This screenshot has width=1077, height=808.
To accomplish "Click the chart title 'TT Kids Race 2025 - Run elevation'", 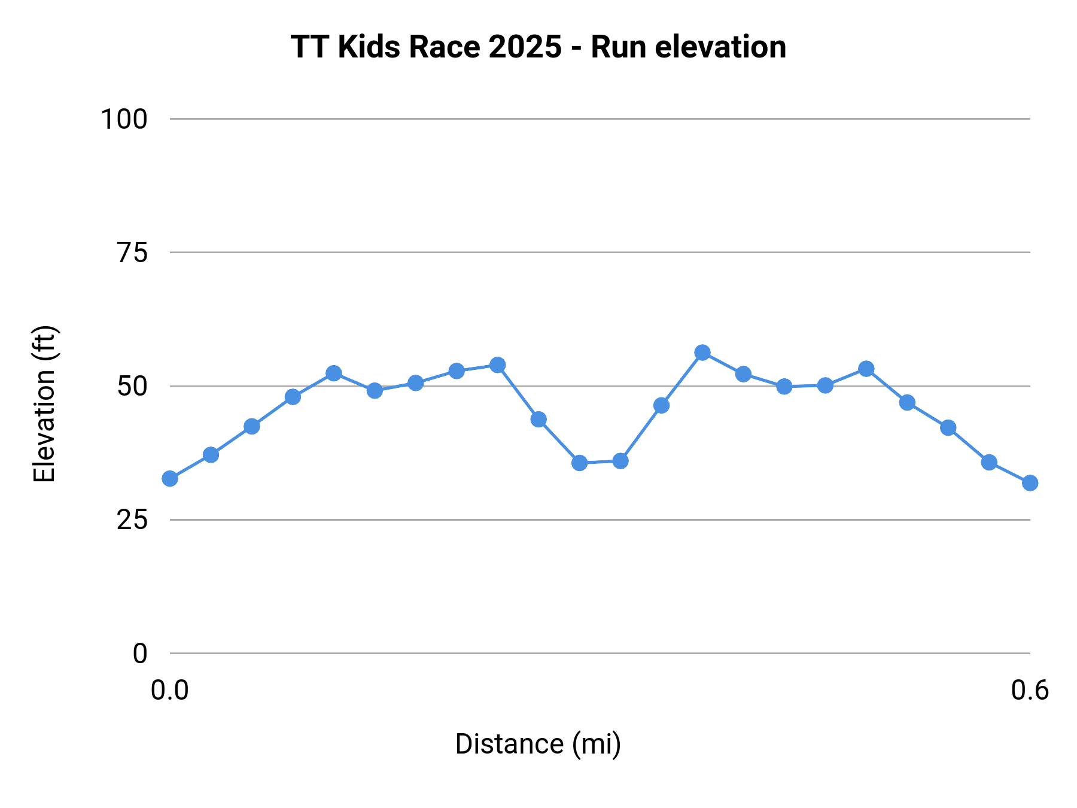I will coord(538,47).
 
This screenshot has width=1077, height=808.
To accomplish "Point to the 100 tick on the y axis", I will coord(124,119).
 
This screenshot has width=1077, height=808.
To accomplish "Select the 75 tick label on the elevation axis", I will coord(132,253).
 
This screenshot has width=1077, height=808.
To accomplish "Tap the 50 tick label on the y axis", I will coord(132,387).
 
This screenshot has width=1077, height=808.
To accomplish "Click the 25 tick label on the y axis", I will coord(132,520).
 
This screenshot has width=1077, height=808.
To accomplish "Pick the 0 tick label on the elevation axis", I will coord(139,654).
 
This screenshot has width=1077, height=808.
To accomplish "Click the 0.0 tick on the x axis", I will coord(169,690).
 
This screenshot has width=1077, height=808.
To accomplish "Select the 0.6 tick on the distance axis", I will coord(1030,690).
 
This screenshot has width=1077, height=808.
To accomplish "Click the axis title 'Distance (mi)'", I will coord(538,744).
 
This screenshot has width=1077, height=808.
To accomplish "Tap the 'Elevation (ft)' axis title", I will coord(44,403).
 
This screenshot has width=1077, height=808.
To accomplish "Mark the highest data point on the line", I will coord(702,353).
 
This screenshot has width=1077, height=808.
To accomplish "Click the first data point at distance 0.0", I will coord(170,479).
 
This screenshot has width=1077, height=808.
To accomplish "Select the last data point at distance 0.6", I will coord(1030,482).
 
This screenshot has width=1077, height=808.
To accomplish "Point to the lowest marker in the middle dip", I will coord(579,463).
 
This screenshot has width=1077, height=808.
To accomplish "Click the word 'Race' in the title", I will coord(444,47).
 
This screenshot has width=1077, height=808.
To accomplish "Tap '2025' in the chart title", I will coord(525,47).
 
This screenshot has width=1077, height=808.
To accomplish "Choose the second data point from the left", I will coord(211,455).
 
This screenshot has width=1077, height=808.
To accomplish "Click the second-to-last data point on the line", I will coord(989,462).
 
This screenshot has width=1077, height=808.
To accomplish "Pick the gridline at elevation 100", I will coord(598,119).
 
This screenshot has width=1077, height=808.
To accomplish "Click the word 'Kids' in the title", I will coord(369,47).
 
